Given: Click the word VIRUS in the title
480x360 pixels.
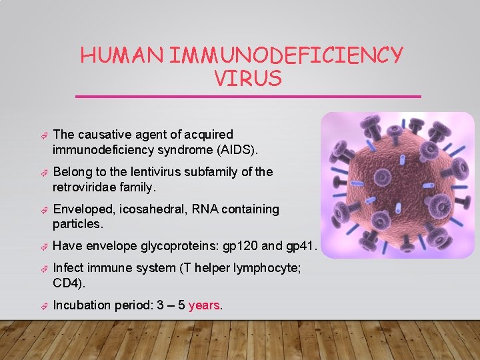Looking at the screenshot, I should coord(248,79).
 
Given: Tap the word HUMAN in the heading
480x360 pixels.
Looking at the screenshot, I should coord(122,55).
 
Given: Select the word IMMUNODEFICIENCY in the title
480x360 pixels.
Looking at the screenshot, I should coord(286,55).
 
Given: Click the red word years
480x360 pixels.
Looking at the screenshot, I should coord(204,305).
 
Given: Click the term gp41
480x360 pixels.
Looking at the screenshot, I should coord(300,247).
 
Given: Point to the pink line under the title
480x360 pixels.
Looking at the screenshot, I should coord(248,97).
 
